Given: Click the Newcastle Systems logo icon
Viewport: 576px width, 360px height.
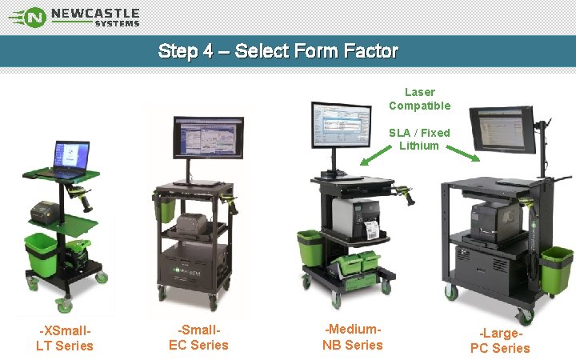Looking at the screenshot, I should click(32, 17).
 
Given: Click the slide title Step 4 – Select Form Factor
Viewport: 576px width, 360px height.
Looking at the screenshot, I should click(278, 51).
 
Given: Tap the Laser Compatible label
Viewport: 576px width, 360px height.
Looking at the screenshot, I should click(420, 99).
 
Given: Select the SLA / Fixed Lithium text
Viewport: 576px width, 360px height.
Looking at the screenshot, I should click(419, 139).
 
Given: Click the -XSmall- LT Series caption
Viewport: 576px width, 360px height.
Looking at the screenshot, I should click(65, 338).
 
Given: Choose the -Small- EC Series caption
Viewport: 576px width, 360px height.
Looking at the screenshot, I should click(198, 337).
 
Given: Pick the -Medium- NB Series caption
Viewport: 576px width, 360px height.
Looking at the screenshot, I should click(353, 337).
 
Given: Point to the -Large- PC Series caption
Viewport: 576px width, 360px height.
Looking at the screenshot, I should click(500, 340).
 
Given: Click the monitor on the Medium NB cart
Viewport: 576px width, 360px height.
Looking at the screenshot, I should click(341, 126).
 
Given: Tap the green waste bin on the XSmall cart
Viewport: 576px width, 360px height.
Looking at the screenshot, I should click(41, 252).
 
